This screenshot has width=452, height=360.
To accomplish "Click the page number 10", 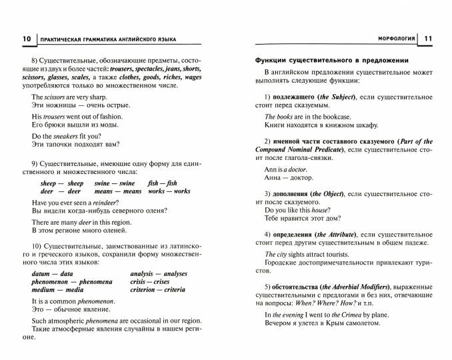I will (26, 39).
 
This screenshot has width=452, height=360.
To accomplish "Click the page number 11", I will (427, 39).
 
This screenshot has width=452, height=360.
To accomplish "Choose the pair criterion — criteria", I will (157, 291).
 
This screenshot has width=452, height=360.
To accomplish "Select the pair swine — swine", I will (114, 183).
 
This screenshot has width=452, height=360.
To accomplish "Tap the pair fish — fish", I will (163, 183).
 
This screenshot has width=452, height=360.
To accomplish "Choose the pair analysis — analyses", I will (159, 273).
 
